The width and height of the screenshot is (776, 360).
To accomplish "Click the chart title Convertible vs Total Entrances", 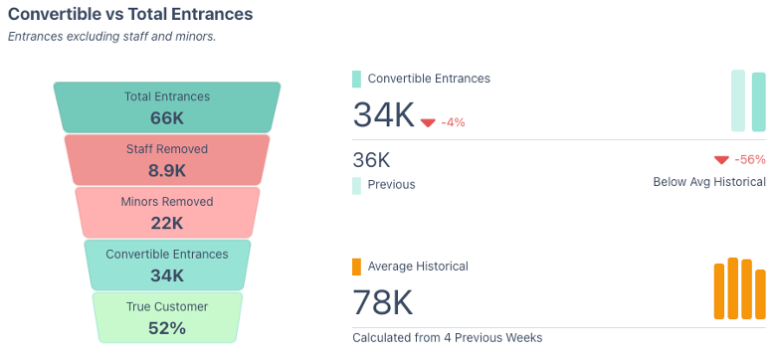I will click(x=130, y=14).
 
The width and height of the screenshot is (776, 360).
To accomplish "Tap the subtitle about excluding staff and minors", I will click(x=111, y=37).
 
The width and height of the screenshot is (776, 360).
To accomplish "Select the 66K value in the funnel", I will click(x=167, y=118).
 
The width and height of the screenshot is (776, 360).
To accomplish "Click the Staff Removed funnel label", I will click(x=167, y=149).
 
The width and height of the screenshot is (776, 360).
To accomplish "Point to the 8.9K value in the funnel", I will click(x=167, y=170).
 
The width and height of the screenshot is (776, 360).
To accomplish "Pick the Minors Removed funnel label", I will click(x=167, y=202).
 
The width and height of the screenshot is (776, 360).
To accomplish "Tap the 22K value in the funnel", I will click(x=167, y=223).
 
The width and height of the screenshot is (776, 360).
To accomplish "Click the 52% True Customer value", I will click(x=167, y=328).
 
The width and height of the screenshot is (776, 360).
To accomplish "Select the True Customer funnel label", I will click(x=167, y=306).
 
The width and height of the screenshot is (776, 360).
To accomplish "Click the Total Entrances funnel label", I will click(x=167, y=96).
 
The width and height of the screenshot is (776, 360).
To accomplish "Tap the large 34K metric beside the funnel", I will click(x=383, y=115).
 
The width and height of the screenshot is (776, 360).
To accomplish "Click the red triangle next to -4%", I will click(x=428, y=122).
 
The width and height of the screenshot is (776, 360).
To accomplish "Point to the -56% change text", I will click(x=749, y=160).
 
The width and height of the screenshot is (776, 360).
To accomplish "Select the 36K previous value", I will click(x=371, y=160).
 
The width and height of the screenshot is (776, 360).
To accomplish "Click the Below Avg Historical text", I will click(x=709, y=182).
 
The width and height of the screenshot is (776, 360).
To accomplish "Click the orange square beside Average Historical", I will click(x=356, y=267).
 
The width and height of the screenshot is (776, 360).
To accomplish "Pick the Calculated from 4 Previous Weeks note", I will click(x=447, y=337).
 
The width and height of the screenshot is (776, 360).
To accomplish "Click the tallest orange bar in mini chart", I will click(x=733, y=288).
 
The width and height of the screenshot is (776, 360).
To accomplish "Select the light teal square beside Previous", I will click(x=356, y=185).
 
